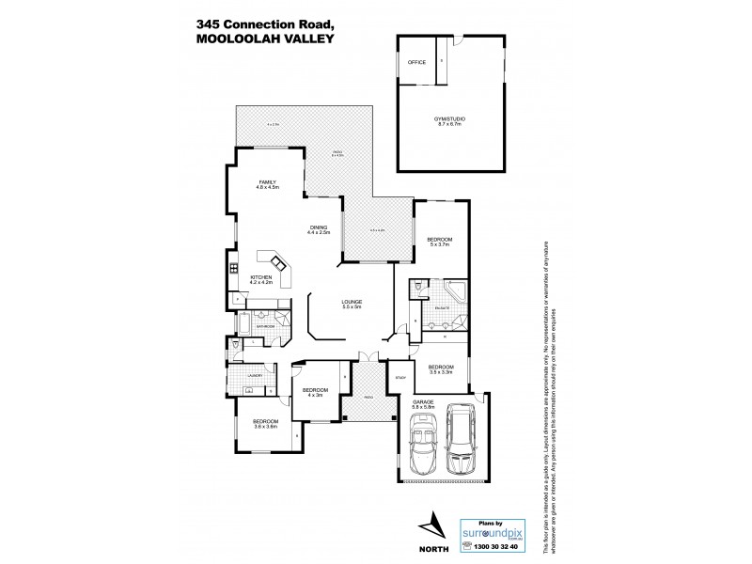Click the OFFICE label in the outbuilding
(x=416, y=62)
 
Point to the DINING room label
(x=318, y=227)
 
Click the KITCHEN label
(x=260, y=277)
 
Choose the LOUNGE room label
(x=352, y=302)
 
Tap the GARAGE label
(x=423, y=400)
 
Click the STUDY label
(x=399, y=377)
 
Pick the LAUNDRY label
(x=254, y=375)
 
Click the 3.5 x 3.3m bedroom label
(x=440, y=368)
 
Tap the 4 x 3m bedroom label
(x=314, y=391)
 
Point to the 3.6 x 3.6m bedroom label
(x=265, y=423)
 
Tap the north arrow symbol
(x=431, y=521)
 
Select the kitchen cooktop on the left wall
(x=231, y=271)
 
